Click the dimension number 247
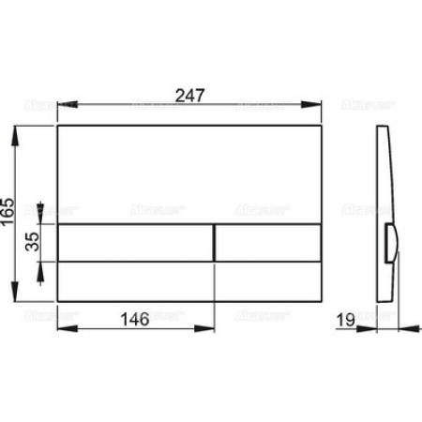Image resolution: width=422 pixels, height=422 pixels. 190,94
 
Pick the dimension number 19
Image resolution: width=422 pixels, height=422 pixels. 345,319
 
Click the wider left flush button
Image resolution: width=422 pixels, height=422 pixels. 137,242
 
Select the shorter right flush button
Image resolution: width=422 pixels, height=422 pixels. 270,242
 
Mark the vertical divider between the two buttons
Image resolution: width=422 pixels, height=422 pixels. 217,242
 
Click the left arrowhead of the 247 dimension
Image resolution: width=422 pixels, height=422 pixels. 62,107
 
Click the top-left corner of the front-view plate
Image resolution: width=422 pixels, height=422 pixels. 58,125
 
